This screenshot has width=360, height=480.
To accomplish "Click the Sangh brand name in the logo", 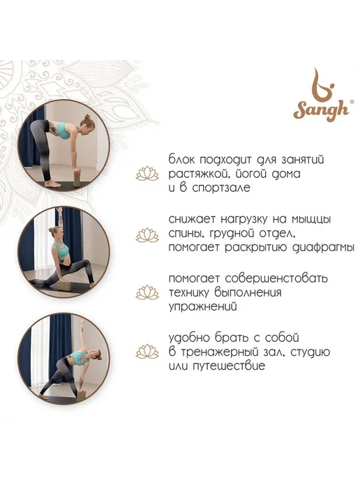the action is [x=321, y=110].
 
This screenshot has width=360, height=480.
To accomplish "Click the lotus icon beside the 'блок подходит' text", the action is [x=147, y=174].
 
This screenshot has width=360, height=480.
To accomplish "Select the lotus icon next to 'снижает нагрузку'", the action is [x=147, y=235].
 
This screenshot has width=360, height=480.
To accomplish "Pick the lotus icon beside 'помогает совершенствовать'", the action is [x=147, y=292].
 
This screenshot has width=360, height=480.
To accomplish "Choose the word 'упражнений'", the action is [x=203, y=307].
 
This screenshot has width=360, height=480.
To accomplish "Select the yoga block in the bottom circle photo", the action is [x=82, y=395].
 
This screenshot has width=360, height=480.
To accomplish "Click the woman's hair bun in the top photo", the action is [x=87, y=117].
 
